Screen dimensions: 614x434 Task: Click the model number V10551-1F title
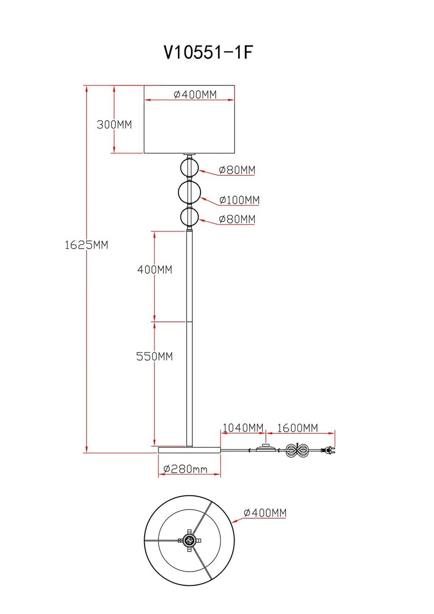pos(208,52)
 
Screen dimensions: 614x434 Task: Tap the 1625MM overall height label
pos(86,245)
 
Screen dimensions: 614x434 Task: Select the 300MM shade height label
pos(115,124)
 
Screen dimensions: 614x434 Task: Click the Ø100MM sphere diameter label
pos(239,200)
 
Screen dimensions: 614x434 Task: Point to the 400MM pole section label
pos(154,270)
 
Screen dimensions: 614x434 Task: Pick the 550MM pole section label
pos(154,357)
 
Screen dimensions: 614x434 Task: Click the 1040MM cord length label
pos(243,428)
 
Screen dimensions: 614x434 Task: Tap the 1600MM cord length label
pos(298,428)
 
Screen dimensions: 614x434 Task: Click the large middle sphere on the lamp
pos(189,192)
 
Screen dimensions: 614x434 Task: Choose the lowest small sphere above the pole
pos(189,217)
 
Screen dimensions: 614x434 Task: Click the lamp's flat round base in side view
pos(189,450)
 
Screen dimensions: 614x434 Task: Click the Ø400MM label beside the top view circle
pos(265,513)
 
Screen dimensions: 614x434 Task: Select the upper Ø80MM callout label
pos(237,170)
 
